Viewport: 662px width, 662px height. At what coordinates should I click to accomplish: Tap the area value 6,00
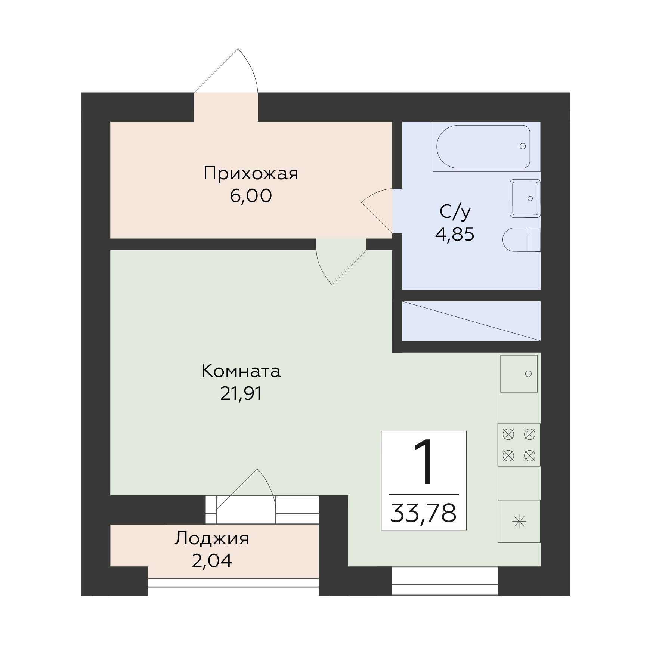[251, 196]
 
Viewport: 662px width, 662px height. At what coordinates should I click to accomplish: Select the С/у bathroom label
[455, 212]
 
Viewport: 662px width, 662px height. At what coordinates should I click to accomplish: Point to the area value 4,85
[455, 235]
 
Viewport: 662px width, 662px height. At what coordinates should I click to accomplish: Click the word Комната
[241, 371]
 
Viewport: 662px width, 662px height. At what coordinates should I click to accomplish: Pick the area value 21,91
[241, 393]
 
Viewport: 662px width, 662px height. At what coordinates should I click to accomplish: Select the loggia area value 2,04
[212, 561]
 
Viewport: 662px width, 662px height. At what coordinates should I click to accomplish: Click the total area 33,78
[423, 513]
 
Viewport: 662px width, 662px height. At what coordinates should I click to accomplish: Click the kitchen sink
[519, 374]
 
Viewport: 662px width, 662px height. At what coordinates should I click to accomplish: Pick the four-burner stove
[519, 445]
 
